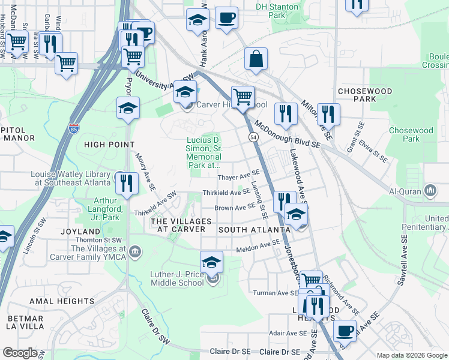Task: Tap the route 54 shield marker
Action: click(x=253, y=137)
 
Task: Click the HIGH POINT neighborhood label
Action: click(x=109, y=144)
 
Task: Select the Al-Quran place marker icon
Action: click(x=430, y=191)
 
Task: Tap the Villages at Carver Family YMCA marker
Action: click(x=136, y=250)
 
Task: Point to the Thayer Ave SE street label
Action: click(x=238, y=176)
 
